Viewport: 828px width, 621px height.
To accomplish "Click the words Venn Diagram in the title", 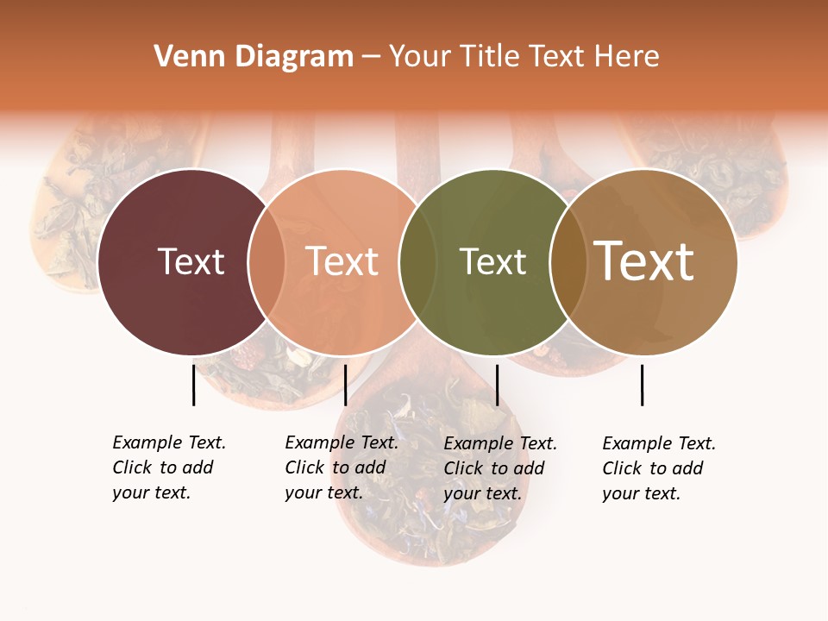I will pos(254,57).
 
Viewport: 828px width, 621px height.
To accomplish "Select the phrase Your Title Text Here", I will pos(524,57).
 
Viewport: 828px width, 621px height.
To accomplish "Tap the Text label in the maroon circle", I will pos(191,262).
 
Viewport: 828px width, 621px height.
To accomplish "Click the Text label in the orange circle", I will pos(342,262).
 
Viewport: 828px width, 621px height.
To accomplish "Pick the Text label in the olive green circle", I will pos(492,262).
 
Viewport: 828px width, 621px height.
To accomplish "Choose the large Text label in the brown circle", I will pos(644,261).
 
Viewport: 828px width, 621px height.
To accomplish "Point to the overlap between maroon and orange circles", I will pos(267,262).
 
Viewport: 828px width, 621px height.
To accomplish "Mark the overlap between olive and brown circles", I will pos(568,262).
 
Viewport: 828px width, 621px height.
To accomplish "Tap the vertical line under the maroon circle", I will pos(193,385).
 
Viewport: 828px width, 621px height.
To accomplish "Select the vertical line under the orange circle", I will pos(345,385).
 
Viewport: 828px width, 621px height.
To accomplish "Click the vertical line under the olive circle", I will pos(497,385).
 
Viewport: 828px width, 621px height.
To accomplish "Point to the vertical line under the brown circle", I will pos(642,385).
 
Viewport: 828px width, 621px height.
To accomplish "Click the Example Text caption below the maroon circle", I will pos(169,467).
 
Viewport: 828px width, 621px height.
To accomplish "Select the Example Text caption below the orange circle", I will pos(342,467).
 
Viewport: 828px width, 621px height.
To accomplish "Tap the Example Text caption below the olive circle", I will pos(500,468).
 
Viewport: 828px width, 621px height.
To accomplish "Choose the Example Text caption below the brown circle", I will pos(659,468).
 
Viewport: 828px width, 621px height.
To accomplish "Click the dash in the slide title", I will pos(371,57).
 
